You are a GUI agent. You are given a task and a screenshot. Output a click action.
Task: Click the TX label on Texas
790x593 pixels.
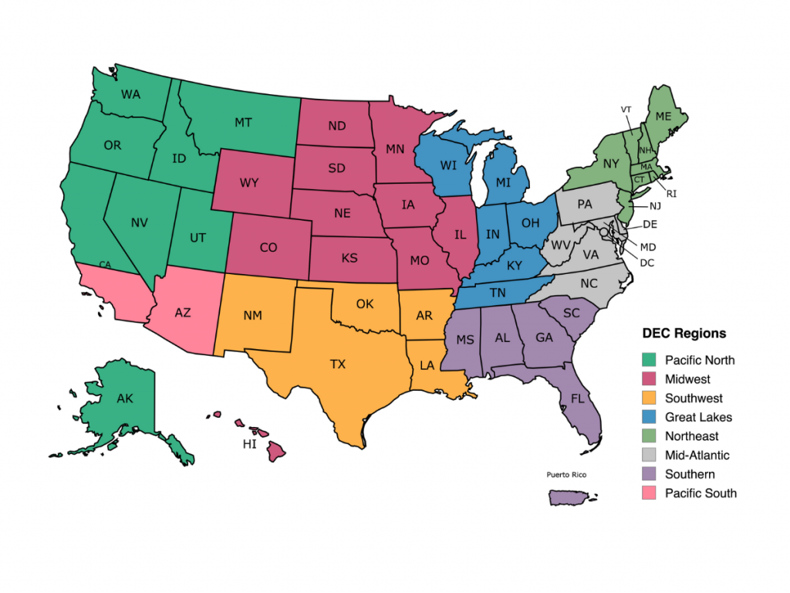point(338,364)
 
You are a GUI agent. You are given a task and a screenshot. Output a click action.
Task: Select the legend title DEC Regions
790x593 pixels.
point(684,334)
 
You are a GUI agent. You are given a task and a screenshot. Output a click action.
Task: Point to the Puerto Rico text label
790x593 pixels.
point(566,474)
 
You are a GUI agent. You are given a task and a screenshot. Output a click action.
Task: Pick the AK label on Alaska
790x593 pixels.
point(125,399)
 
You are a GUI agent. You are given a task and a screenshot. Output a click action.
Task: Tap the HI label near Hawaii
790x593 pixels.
point(249,445)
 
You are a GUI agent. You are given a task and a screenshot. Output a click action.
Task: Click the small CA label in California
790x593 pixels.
point(106,265)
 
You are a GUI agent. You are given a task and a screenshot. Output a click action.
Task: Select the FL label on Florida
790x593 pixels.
point(578,399)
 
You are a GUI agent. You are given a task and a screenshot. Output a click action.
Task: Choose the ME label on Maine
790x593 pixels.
point(663,116)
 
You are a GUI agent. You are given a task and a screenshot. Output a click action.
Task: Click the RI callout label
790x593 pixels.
point(671,193)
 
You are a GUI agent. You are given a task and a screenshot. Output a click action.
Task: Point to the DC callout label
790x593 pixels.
point(647,263)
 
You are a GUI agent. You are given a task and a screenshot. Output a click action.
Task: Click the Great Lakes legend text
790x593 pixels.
point(698,417)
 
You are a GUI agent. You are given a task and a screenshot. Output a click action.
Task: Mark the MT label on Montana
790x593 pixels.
point(244,122)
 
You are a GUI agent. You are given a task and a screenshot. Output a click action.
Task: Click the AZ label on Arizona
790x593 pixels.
point(183,313)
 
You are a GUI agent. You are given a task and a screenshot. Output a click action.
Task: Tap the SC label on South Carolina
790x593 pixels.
point(571,313)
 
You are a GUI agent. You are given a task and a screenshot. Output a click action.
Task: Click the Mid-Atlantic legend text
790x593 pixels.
point(697,456)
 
